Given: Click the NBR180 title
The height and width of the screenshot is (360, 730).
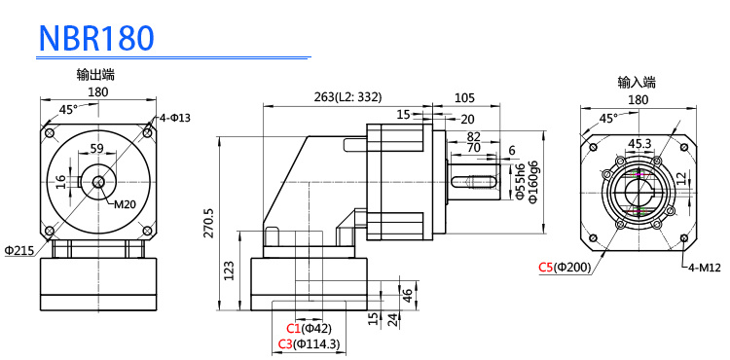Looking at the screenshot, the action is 96,38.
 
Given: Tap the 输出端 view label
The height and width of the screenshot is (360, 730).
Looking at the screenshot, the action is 96,74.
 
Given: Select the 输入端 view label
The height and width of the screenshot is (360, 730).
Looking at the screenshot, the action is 637,83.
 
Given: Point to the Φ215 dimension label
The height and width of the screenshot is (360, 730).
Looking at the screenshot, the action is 19,251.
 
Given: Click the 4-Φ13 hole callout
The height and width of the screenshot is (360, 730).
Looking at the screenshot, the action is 174,118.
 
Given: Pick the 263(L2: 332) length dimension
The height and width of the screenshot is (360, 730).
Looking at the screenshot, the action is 347,96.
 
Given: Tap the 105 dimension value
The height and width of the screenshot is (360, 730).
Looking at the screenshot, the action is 464,97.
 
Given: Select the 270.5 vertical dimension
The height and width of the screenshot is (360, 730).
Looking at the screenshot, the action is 208,223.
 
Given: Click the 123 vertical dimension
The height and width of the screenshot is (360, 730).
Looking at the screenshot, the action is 229,270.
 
